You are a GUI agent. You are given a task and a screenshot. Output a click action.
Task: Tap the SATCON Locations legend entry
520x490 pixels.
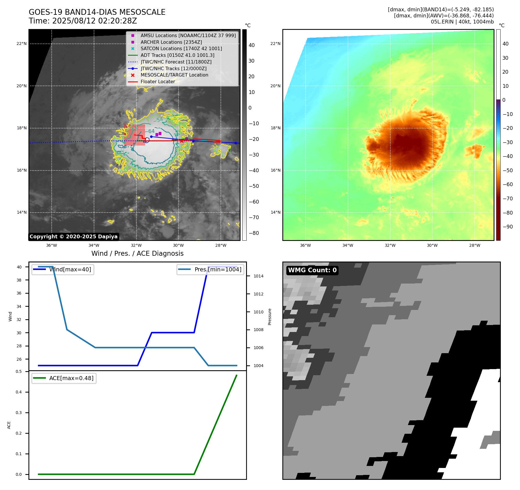(181, 49)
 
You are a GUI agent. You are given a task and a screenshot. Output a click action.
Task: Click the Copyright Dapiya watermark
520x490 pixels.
(73, 237)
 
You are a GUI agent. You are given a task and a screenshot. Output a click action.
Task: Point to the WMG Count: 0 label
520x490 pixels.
(312, 270)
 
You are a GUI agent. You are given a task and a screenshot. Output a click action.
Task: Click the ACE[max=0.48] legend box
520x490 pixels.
(64, 378)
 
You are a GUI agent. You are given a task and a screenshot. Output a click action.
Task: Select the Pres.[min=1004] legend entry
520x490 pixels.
(210, 270)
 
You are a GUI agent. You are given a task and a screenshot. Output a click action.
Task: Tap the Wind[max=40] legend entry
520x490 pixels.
(63, 270)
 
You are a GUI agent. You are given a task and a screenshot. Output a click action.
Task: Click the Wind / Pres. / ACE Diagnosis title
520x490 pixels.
(137, 254)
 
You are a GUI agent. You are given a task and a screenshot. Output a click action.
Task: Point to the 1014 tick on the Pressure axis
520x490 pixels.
(258, 276)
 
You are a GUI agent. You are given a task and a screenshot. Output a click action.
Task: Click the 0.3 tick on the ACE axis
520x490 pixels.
(19, 413)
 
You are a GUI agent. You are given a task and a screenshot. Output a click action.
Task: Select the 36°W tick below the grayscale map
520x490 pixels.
(52, 246)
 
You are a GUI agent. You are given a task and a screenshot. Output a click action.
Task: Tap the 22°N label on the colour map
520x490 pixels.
(275, 44)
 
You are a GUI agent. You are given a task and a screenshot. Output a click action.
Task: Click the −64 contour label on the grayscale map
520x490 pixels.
(151, 131)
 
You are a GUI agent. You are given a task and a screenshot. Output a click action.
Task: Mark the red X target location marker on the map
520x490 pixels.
(182, 141)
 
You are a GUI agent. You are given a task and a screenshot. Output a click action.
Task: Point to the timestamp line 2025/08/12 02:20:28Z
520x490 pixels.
(83, 21)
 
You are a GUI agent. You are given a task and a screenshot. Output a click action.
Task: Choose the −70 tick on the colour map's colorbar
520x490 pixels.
(508, 199)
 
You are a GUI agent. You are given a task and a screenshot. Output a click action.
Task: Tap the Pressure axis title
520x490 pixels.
(270, 317)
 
